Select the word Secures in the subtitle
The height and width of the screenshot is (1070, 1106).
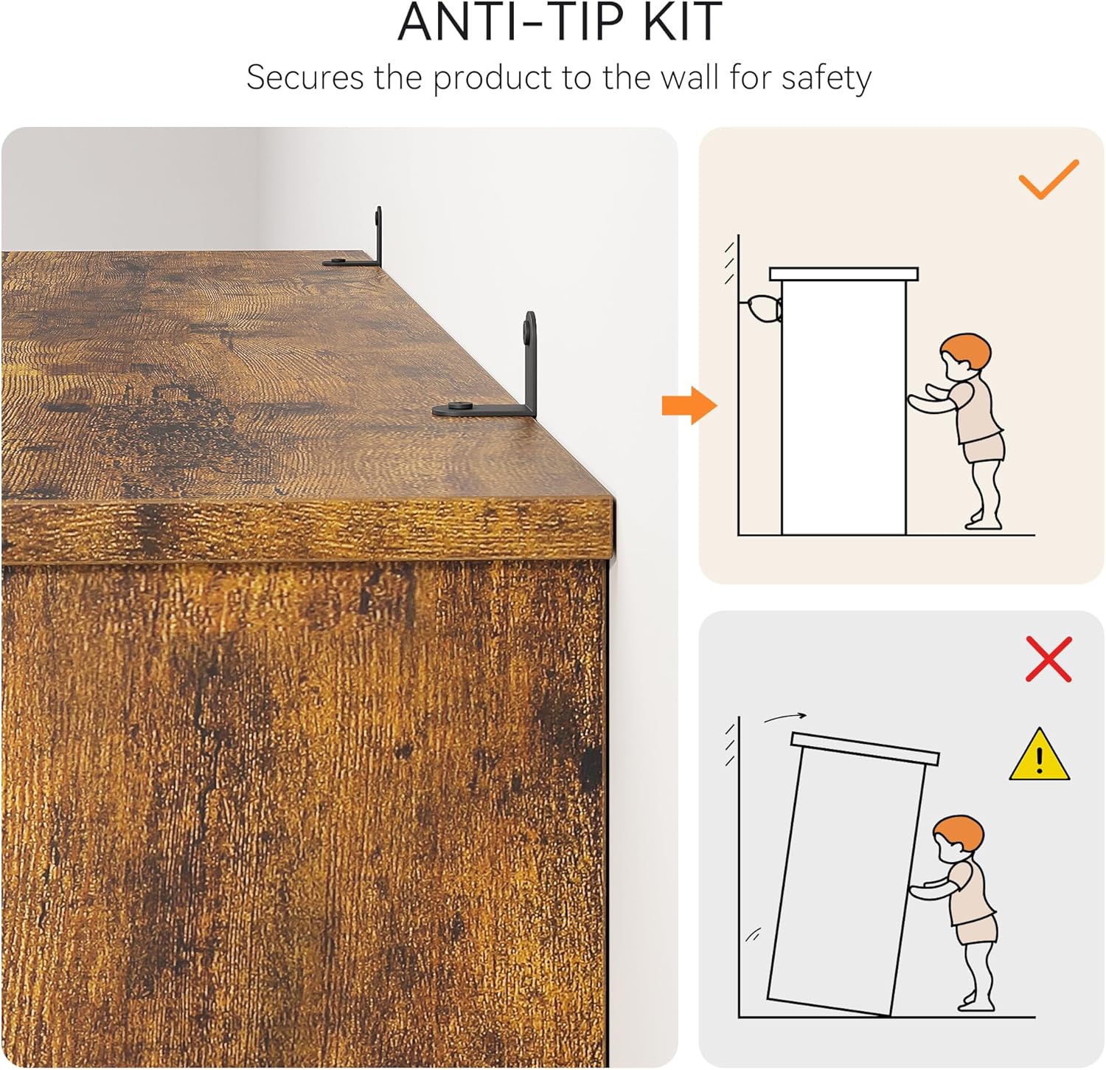coord(305,77)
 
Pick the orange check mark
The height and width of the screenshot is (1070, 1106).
coord(1048,179)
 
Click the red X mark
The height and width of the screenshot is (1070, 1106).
coord(1048,659)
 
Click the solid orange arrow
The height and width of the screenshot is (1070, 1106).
coord(689,405)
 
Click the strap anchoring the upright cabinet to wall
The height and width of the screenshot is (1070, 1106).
coord(762,308)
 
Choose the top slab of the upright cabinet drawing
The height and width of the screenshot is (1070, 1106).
coord(844,275)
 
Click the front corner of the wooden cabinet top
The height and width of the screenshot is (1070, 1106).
coord(611,503)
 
